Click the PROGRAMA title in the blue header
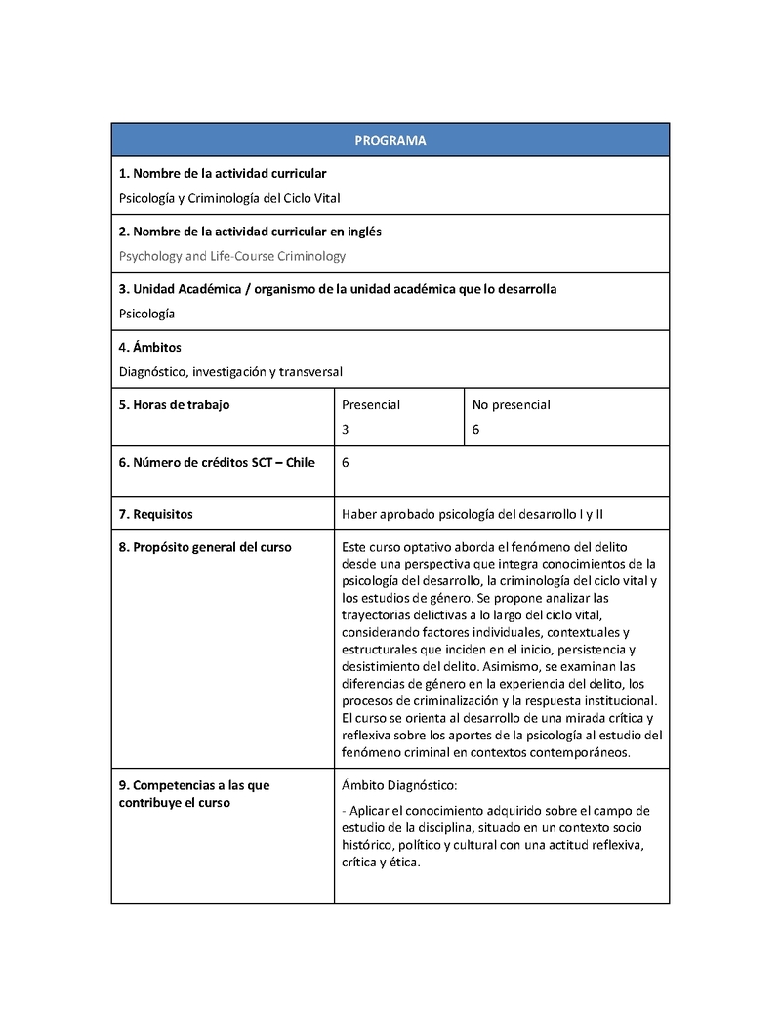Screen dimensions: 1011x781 (x=390, y=140)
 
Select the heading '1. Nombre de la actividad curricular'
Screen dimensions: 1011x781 (x=223, y=174)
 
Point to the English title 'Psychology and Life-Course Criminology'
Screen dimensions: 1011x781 (x=232, y=256)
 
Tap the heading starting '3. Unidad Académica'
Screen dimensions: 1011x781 (x=338, y=289)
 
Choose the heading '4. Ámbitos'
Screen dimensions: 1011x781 (x=150, y=347)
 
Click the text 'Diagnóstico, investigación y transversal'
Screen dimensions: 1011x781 (x=230, y=371)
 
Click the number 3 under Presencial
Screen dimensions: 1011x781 (x=346, y=429)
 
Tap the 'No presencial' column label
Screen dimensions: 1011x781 (x=512, y=404)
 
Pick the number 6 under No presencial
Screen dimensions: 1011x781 (x=475, y=429)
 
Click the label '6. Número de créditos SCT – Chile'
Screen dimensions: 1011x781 (x=217, y=462)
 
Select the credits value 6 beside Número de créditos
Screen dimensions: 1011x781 (x=347, y=462)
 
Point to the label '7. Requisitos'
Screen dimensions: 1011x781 (x=156, y=513)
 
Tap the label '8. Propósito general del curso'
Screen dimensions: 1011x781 (x=205, y=547)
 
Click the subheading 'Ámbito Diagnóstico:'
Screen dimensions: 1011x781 (x=399, y=785)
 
